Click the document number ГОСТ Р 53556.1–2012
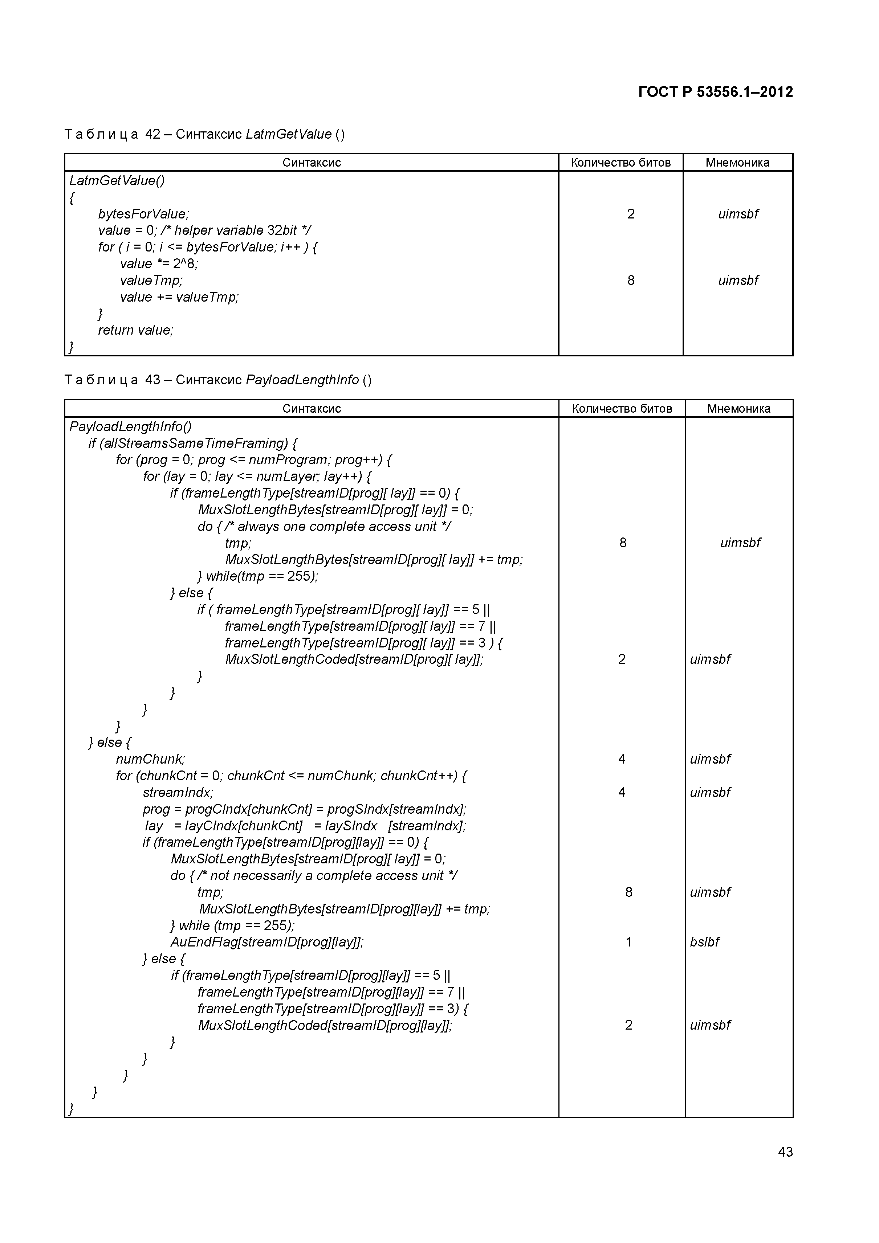(715, 92)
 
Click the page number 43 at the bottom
(785, 1152)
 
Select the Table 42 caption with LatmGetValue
(204, 134)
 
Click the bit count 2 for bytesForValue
(630, 214)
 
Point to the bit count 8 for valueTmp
(630, 281)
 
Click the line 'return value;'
(135, 330)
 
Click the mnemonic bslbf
(704, 942)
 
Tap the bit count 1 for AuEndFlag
(628, 942)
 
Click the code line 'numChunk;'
(150, 759)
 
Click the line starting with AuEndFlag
(266, 942)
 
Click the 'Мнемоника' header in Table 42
(737, 163)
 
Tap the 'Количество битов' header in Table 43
(622, 408)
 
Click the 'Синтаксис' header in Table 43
(312, 408)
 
